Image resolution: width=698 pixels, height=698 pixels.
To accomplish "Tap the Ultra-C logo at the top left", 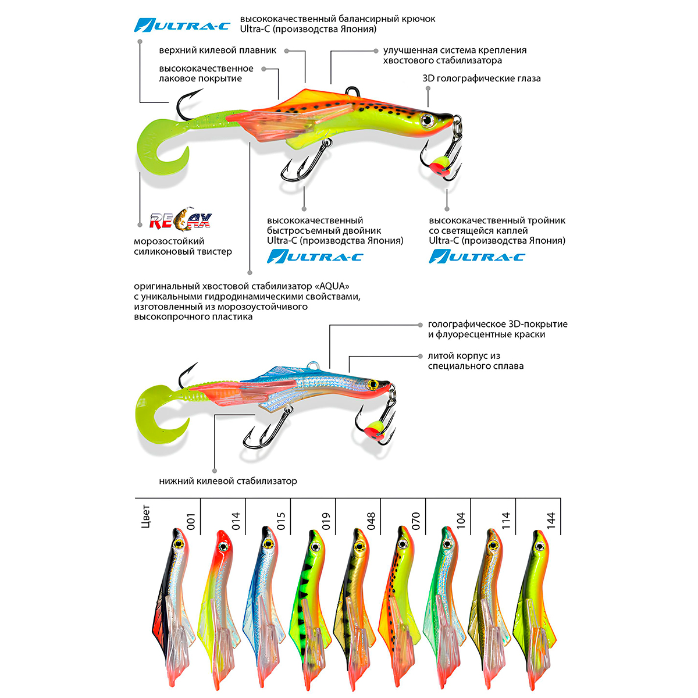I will point(182,25).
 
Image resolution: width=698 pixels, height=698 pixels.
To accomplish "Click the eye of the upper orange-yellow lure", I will point(428,119).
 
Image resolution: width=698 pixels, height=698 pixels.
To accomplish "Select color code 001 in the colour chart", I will point(191,519).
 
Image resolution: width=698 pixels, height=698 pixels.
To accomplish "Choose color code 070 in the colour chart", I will point(415,519).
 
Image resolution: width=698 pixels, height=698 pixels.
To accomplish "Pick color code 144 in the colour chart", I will point(551,519).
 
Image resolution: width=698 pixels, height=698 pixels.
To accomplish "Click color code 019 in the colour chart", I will point(326,519).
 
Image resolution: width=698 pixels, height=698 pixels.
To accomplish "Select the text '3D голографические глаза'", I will point(482,79).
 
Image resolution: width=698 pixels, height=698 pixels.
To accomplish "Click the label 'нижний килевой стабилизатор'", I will point(228,481).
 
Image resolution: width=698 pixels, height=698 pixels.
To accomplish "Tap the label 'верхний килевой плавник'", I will point(218,51).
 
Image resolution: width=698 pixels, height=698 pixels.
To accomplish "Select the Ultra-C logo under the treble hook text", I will point(477,256).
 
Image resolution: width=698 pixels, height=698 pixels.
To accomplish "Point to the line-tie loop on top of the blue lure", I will point(315,365).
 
